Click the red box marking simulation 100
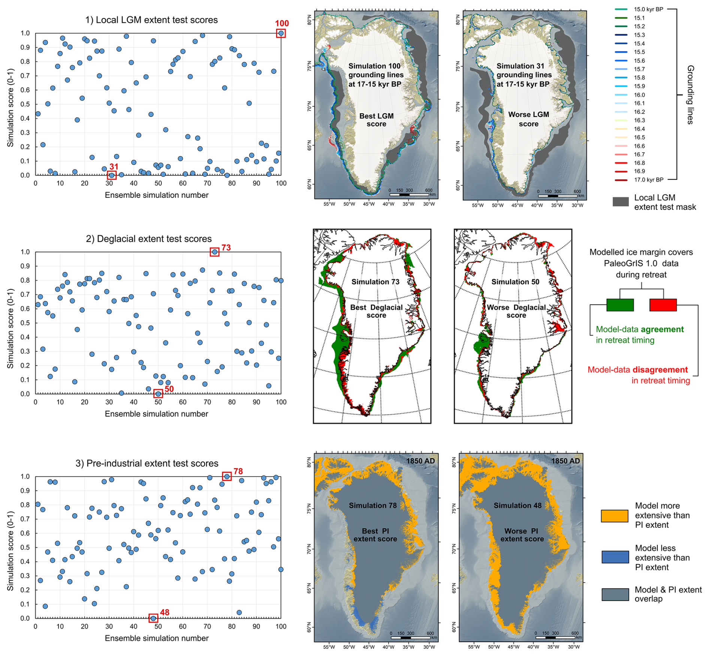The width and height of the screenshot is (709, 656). coord(281,33)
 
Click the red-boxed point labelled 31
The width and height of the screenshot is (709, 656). coord(111,175)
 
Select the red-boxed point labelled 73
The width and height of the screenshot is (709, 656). coord(214,252)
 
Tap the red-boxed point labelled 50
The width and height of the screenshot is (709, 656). coord(158,394)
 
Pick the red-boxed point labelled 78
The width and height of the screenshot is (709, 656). coord(227,476)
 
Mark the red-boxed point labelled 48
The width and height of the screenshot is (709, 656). coord(153,618)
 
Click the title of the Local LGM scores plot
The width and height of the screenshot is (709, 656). coord(151,20)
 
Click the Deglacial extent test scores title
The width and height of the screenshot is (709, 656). coord(149,239)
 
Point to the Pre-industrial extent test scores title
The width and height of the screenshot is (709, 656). coord(147,463)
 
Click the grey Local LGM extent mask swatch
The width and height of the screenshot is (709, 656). coord(621,202)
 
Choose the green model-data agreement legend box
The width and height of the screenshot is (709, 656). coord(620,305)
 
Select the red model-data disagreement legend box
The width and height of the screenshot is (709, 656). coord(663,305)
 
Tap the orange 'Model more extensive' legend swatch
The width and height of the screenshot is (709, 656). coord(615,516)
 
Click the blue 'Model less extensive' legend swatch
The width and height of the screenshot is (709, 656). coord(615,557)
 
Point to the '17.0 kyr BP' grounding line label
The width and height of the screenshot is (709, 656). coord(648,180)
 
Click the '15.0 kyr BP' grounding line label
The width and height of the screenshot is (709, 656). coord(648,9)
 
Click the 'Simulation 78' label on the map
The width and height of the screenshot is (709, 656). coord(372,505)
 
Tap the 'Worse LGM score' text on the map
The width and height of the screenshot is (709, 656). coord(528,119)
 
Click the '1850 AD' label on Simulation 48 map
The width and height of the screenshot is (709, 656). coord(565,461)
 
